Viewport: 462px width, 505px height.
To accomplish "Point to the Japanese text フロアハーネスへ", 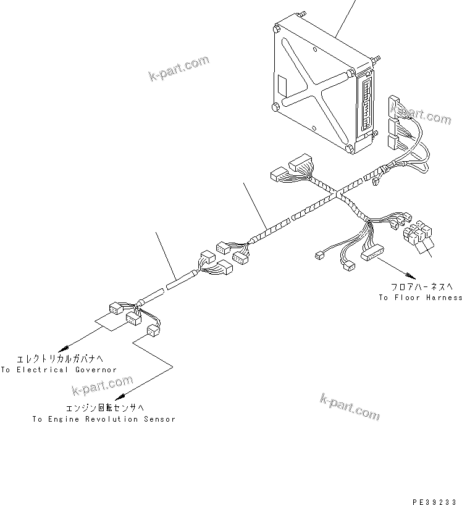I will [x=420, y=287].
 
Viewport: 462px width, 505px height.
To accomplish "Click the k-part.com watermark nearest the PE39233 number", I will [x=350, y=407].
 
